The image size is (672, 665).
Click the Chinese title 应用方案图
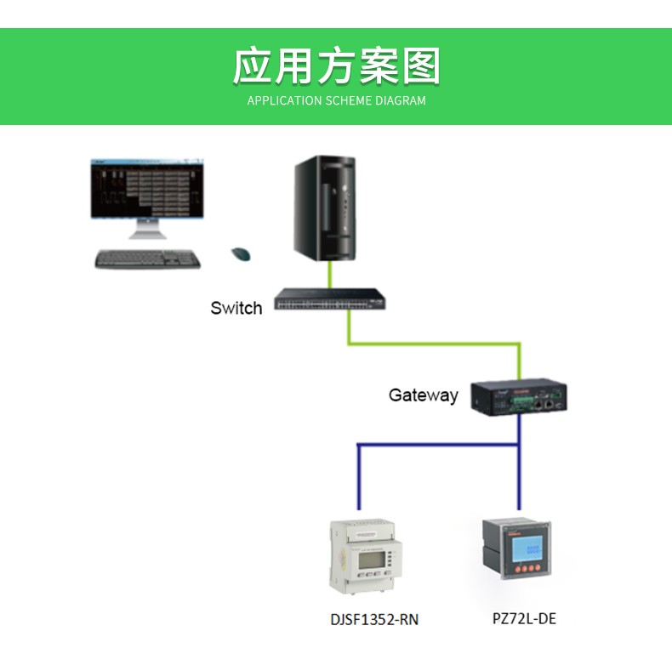tap(336, 67)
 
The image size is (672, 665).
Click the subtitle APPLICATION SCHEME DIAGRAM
tap(336, 100)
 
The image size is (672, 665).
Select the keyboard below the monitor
tap(147, 259)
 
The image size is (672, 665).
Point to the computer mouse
tap(242, 253)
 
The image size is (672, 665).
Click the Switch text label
tap(236, 308)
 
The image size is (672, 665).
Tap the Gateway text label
tap(423, 395)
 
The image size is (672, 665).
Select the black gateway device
tap(519, 396)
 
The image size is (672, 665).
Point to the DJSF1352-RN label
tap(374, 619)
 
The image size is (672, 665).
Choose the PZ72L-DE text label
tap(524, 618)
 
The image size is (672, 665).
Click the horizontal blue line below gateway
tap(438, 445)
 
